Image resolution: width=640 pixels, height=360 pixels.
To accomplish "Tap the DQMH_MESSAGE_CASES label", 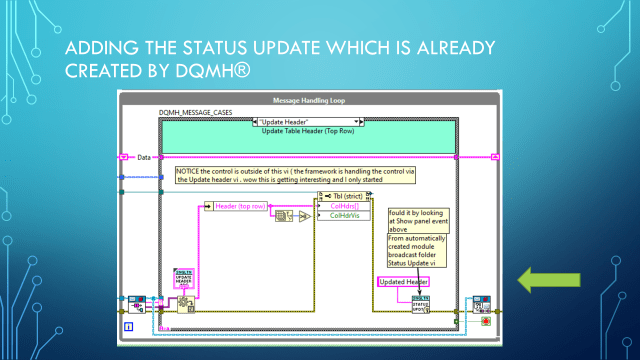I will click(x=196, y=113).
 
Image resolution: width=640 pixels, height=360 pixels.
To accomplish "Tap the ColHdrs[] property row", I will click(x=344, y=205).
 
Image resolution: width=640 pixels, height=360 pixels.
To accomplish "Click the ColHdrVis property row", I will click(x=344, y=215).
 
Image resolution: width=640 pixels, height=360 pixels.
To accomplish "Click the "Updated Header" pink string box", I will click(x=404, y=283).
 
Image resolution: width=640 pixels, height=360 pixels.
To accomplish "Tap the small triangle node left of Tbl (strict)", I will click(x=302, y=215).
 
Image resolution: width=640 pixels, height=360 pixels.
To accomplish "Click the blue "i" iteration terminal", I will click(x=128, y=325).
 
